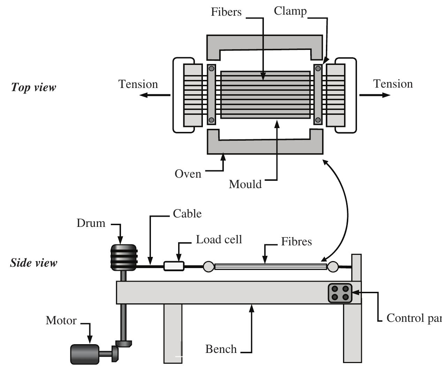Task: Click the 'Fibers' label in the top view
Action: tap(226, 12)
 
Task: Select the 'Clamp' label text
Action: tap(290, 11)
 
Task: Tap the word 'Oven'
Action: tap(188, 174)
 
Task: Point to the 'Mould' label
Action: tap(245, 184)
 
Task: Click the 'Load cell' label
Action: tap(219, 239)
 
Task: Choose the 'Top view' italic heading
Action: tap(33, 87)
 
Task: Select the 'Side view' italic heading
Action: tap(33, 262)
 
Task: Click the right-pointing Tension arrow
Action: tap(375, 95)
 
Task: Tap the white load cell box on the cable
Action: tap(174, 266)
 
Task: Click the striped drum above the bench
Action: tap(123, 258)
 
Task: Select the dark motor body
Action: tap(85, 354)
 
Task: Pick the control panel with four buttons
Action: tap(340, 293)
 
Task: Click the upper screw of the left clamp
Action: tap(211, 68)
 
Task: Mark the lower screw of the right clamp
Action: tap(318, 120)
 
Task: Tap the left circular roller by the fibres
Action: tap(208, 267)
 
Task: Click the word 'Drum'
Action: tap(91, 223)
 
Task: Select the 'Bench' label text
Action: tap(221, 349)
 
